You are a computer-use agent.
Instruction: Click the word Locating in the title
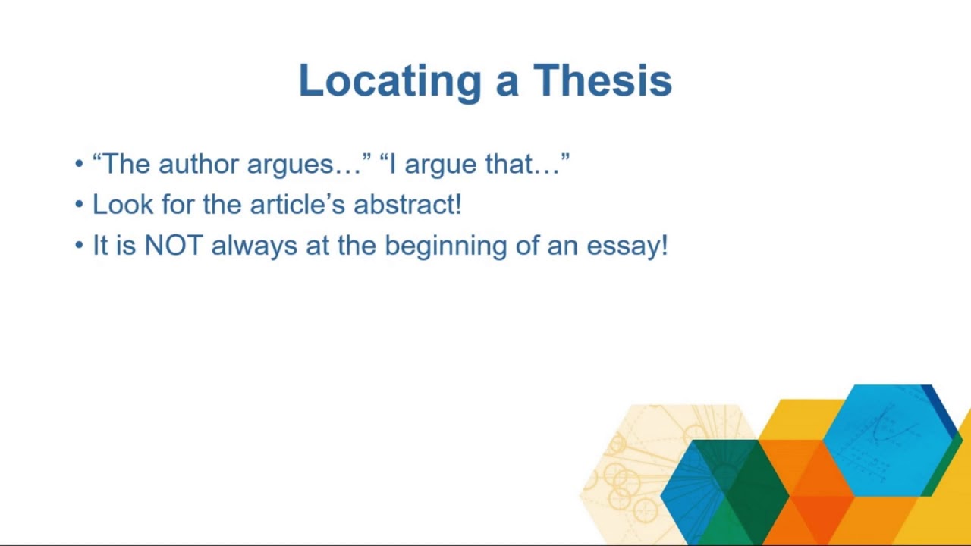(x=390, y=81)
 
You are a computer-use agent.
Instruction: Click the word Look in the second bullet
(x=122, y=204)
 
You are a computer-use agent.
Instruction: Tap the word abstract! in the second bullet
(x=407, y=204)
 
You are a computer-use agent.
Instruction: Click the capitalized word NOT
(x=173, y=245)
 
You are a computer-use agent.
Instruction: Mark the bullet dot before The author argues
(x=79, y=165)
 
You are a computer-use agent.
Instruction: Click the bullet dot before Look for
(x=79, y=205)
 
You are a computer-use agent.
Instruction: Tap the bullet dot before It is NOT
(x=79, y=246)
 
